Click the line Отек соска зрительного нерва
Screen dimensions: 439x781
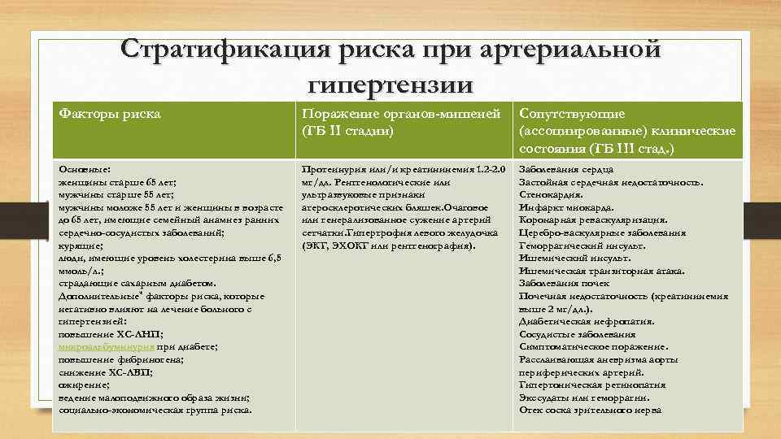(x=590, y=410)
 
